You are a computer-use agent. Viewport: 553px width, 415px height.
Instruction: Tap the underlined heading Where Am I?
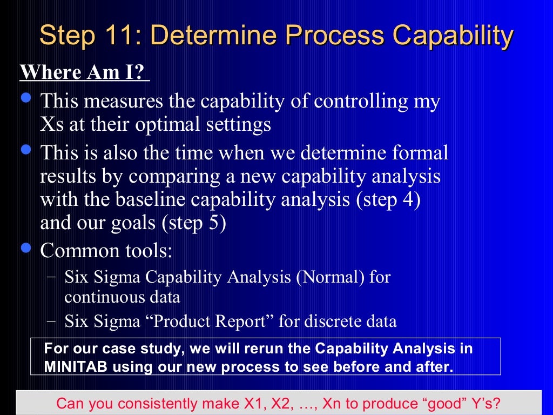84,72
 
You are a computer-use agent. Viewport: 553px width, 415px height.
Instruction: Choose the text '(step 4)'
388,200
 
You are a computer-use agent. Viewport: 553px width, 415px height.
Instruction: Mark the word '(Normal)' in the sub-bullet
330,278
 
